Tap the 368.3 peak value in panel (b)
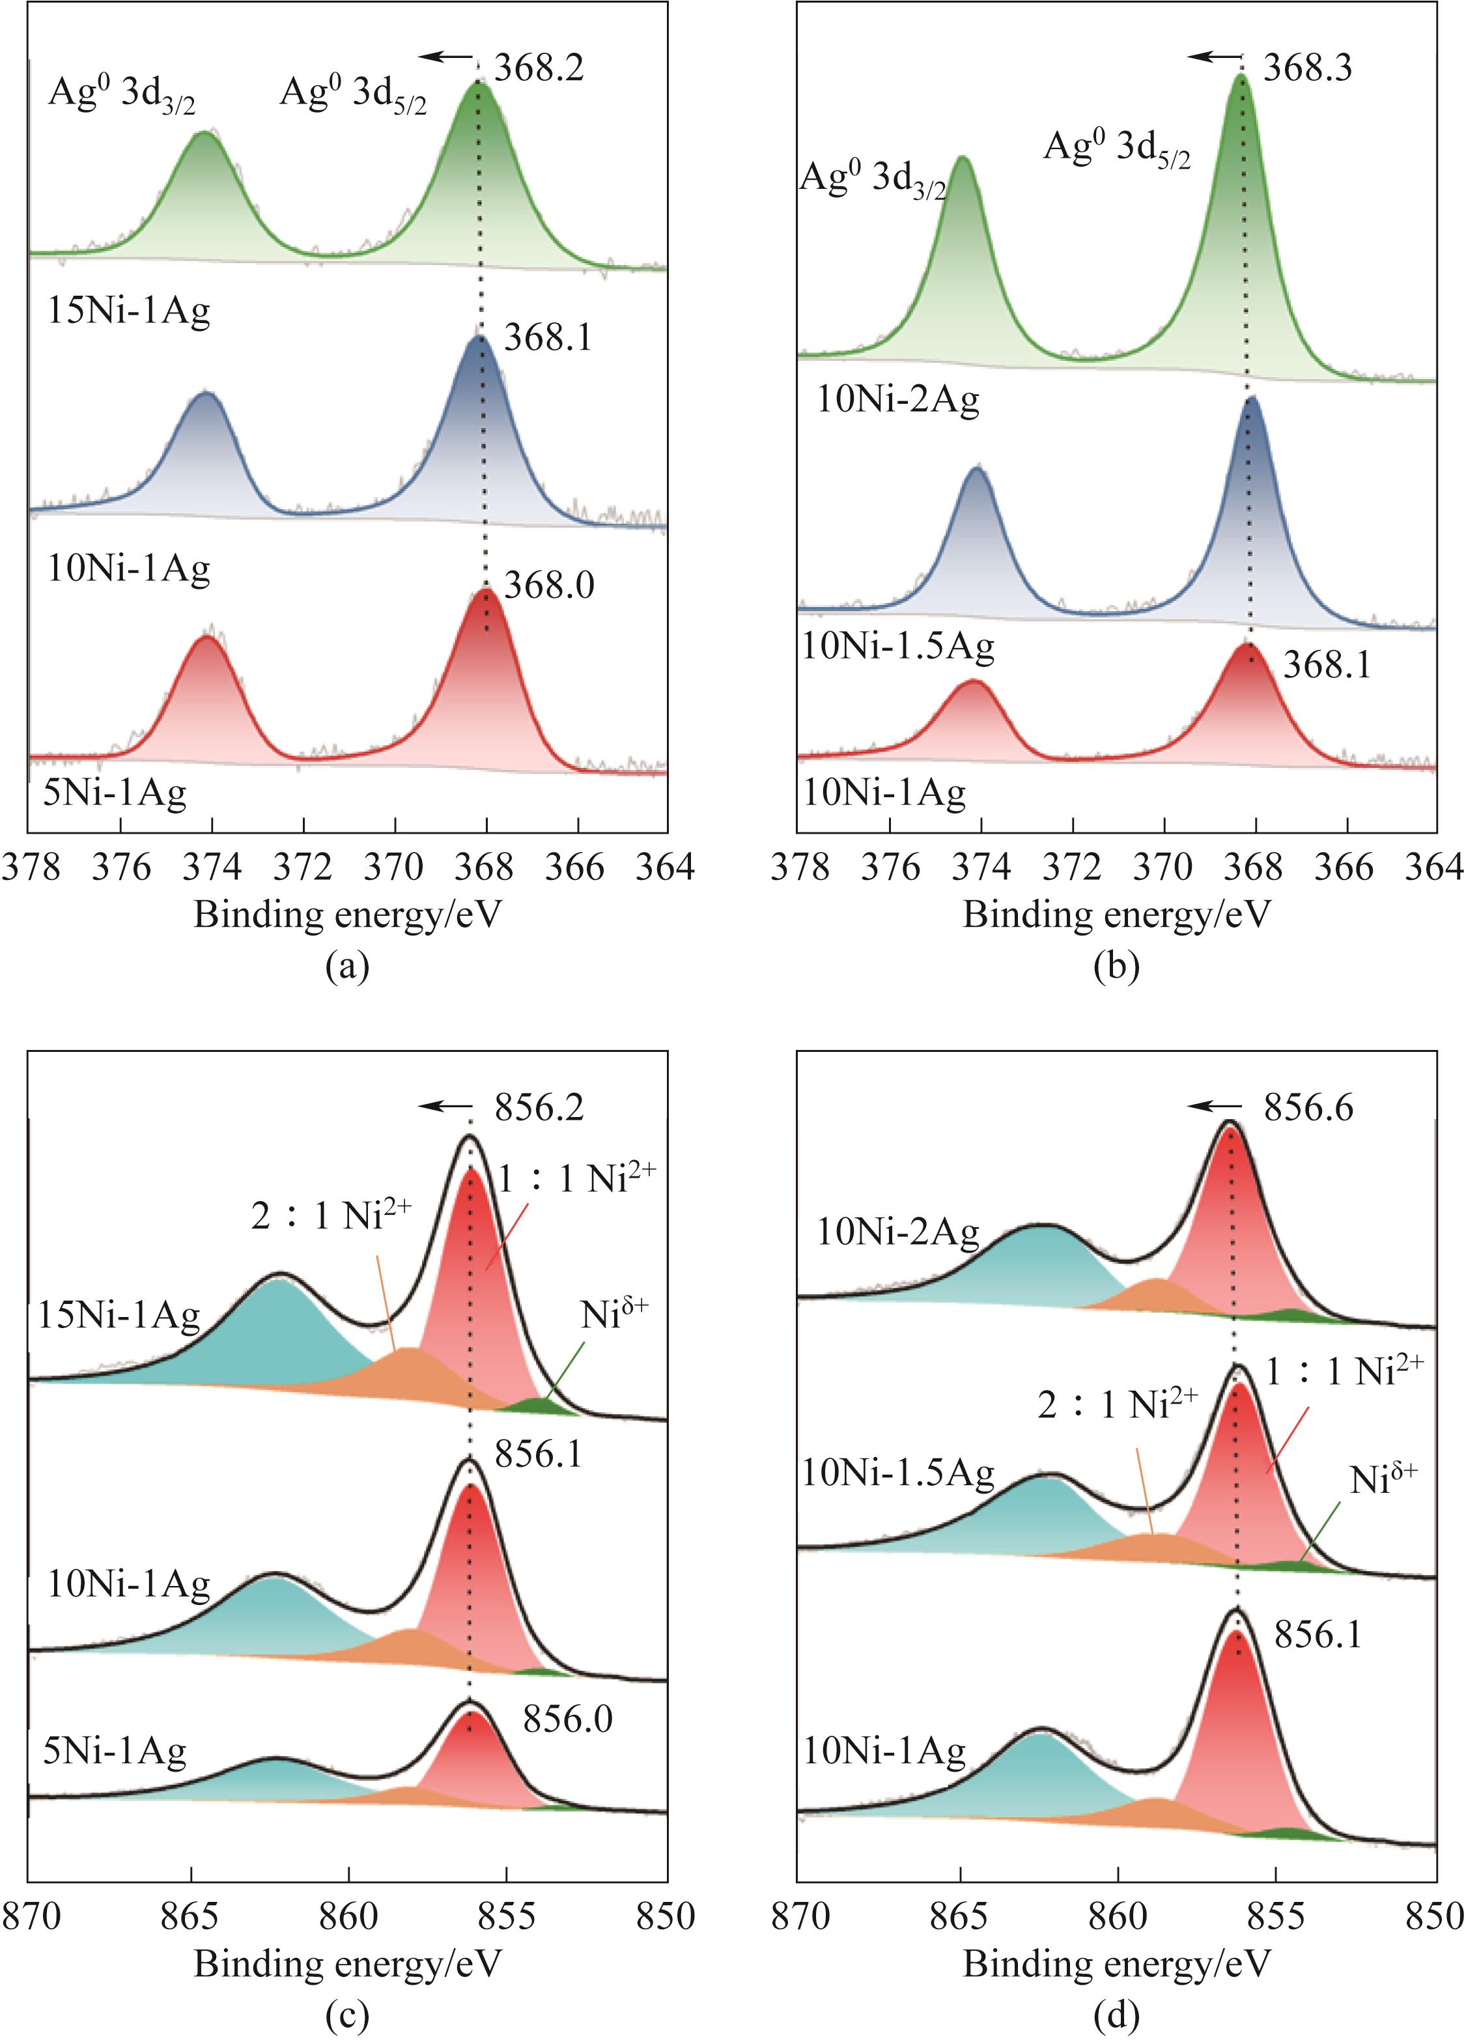pos(1307,68)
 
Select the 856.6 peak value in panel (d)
pos(1308,1108)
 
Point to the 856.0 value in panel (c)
pos(567,1720)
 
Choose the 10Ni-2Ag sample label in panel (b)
pos(897,399)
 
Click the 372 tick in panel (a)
pos(304,867)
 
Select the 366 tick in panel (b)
pos(1347,867)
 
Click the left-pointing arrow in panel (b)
pos(1213,57)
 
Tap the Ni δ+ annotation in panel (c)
pos(614,1316)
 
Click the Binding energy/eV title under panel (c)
pos(347,1964)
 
